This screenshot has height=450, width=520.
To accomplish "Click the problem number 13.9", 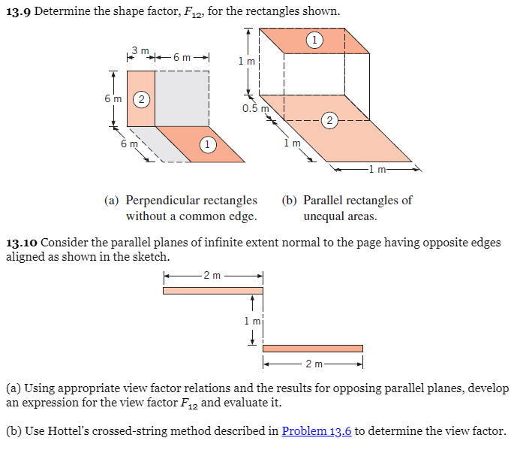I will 17,12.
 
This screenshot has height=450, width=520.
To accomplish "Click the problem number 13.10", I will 21,243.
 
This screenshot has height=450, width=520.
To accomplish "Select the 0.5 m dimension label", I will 255,108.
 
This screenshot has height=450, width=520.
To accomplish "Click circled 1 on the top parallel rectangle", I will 315,38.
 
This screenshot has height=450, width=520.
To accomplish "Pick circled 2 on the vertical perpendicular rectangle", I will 140,98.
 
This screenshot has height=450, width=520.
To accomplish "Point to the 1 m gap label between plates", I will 251,321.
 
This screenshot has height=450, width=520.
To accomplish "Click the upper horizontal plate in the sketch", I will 212,291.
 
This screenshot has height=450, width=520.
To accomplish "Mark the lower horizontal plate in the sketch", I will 312,348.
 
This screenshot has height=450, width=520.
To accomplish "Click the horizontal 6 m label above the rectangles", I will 182,57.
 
